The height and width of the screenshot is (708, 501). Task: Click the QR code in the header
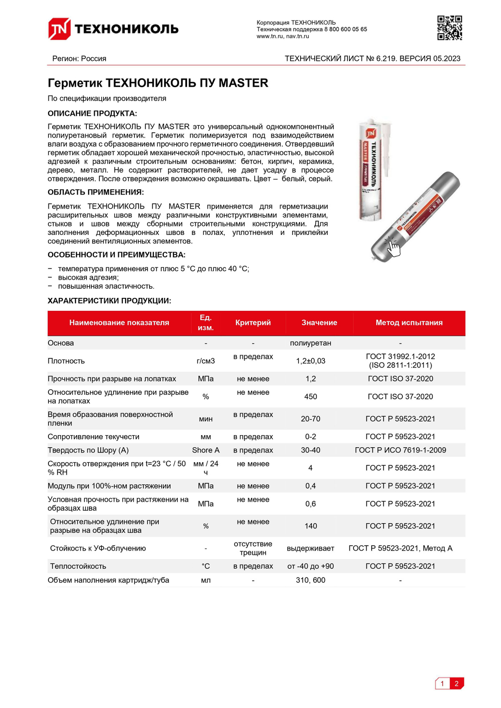tap(450, 28)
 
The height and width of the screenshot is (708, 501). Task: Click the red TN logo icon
tap(59, 29)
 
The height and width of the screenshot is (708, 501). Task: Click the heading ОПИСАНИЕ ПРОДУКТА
tap(92, 113)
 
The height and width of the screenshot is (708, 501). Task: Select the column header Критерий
tap(253, 323)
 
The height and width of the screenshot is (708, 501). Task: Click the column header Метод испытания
tap(409, 323)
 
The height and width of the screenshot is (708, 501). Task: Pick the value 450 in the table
tap(311, 397)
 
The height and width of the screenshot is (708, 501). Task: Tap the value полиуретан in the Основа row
tap(311, 343)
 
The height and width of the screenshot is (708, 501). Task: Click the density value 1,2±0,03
tap(311, 361)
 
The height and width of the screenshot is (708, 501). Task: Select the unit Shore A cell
tap(206, 450)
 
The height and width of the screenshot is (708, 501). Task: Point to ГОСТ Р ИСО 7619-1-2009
tap(400, 450)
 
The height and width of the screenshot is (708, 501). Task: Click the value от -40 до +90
tap(311, 566)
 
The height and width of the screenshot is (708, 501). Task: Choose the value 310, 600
tap(311, 580)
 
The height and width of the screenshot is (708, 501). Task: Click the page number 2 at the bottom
tap(457, 683)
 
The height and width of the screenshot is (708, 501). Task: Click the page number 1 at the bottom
tap(443, 683)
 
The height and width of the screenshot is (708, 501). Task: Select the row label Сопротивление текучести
tap(94, 437)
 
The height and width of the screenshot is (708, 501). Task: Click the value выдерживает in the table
tap(311, 548)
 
